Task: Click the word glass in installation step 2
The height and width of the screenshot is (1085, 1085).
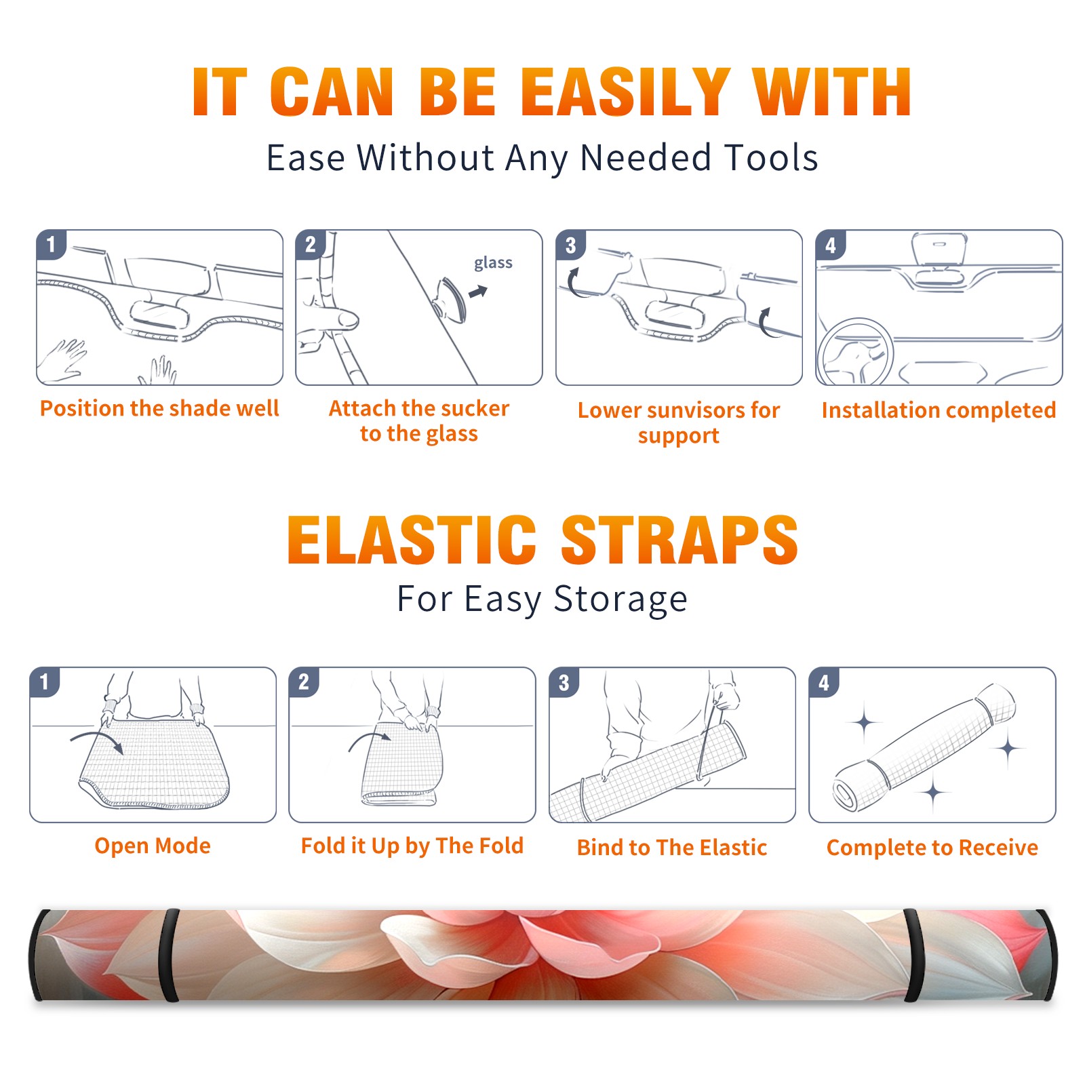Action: pos(493,263)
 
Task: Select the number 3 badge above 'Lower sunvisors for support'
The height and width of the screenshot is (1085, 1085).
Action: pos(570,245)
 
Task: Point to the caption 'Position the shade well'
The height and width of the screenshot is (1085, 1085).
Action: pos(159,408)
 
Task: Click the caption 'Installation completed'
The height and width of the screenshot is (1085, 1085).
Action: pos(939,410)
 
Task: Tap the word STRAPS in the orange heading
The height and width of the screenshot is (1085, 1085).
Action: pos(679,540)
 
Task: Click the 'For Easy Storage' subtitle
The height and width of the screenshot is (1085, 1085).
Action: pos(542,599)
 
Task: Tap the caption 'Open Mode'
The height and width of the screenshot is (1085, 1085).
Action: pos(153,846)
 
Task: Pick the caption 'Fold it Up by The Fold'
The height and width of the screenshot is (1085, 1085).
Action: pos(412,846)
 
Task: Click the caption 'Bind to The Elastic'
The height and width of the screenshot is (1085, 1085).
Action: pos(672,848)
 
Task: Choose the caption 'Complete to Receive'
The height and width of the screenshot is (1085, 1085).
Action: pos(932,848)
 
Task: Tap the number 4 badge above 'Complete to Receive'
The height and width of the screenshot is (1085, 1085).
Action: pos(824,682)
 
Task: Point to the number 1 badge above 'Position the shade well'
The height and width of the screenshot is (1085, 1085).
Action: pos(51,245)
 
